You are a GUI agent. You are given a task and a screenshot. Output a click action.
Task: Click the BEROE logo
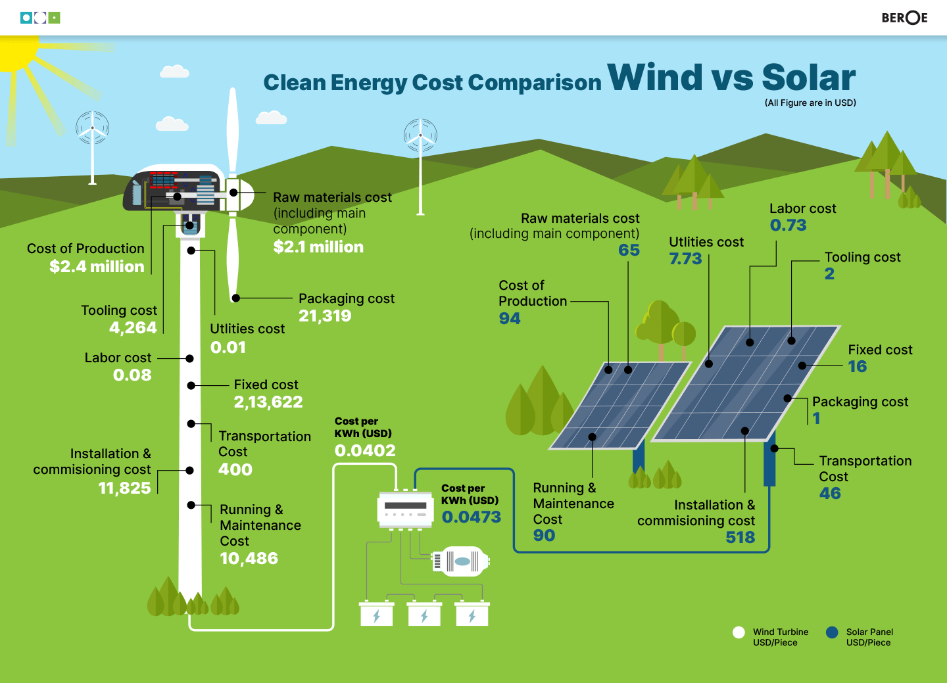pyautogui.click(x=904, y=18)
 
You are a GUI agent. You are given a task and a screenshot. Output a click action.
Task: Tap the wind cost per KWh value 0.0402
pyautogui.click(x=365, y=451)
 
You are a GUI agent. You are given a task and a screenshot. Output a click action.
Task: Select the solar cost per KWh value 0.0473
pyautogui.click(x=472, y=517)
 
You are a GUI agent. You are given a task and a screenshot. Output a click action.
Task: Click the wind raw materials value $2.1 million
pyautogui.click(x=318, y=247)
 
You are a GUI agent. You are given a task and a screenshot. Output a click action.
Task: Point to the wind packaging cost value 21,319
pyautogui.click(x=325, y=316)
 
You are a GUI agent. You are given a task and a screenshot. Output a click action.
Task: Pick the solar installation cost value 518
pyautogui.click(x=741, y=538)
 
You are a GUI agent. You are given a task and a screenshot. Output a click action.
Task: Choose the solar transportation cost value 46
pyautogui.click(x=830, y=494)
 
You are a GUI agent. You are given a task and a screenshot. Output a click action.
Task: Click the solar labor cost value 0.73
pyautogui.click(x=788, y=225)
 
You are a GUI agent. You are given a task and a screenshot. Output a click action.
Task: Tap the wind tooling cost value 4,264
pyautogui.click(x=133, y=328)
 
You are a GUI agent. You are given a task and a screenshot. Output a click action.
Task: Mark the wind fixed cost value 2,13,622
pyautogui.click(x=268, y=402)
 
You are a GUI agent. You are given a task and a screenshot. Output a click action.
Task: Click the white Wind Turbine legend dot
pyautogui.click(x=739, y=632)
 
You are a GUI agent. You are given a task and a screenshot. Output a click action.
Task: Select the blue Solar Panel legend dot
pyautogui.click(x=832, y=632)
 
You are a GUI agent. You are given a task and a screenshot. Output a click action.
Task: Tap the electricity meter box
pyautogui.click(x=405, y=509)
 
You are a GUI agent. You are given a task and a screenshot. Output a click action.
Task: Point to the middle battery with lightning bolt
pyautogui.click(x=424, y=615)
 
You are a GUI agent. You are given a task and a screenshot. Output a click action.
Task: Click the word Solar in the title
pyautogui.click(x=809, y=78)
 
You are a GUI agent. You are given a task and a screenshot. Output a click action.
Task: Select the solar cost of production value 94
pyautogui.click(x=510, y=319)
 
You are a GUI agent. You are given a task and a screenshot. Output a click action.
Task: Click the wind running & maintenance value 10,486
pyautogui.click(x=249, y=559)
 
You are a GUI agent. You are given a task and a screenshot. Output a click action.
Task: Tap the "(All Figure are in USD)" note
pyautogui.click(x=810, y=103)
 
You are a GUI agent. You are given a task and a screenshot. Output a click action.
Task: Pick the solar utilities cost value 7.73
pyautogui.click(x=685, y=259)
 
